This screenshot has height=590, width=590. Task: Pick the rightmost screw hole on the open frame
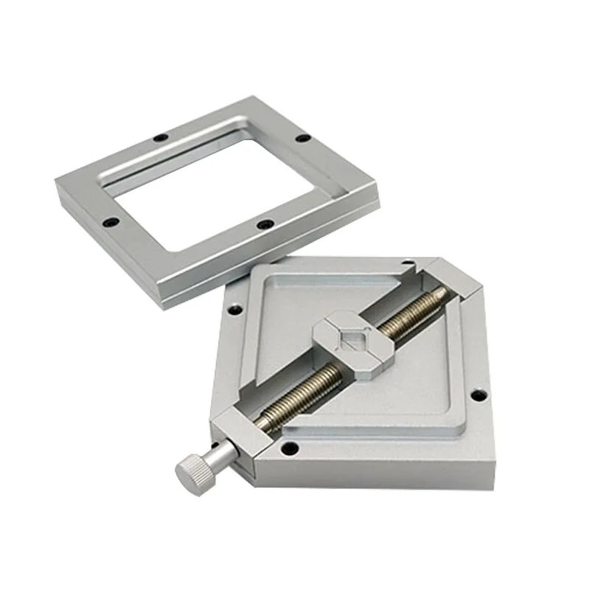[x=300, y=138]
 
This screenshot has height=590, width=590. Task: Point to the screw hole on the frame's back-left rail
[x=159, y=136]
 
